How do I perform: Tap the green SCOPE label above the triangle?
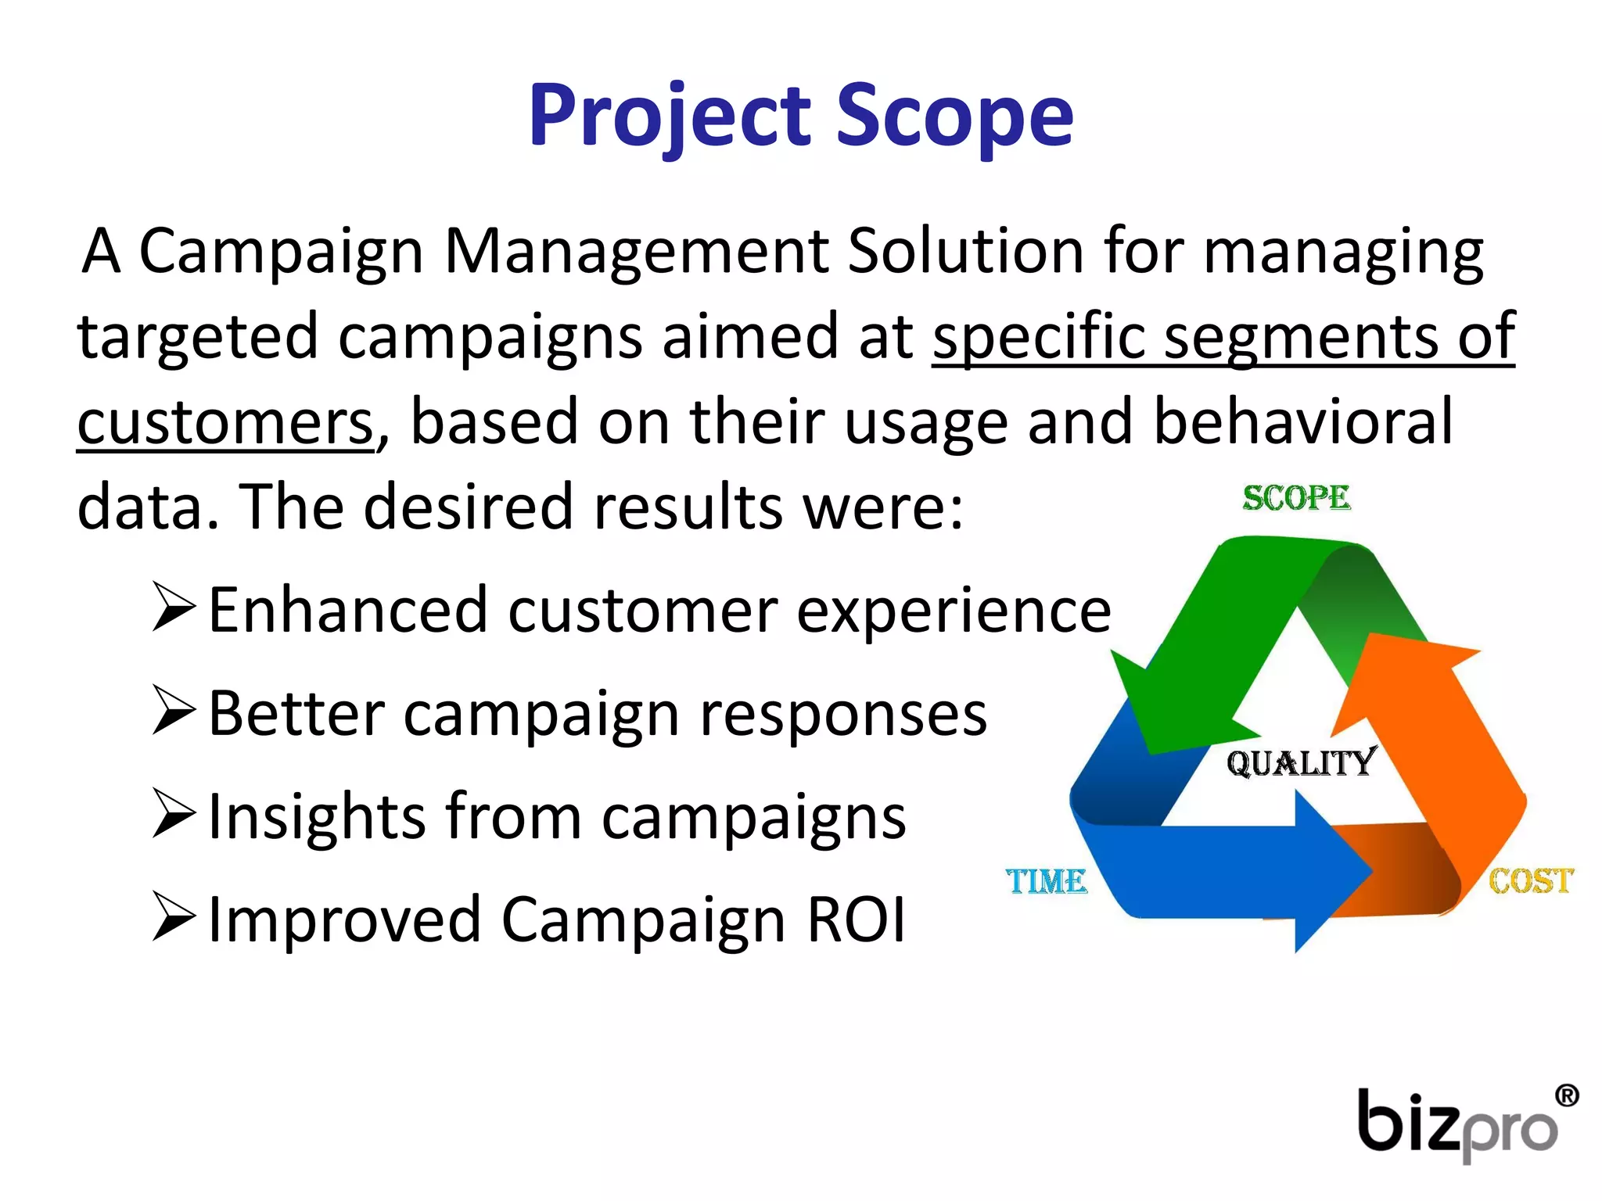(1296, 498)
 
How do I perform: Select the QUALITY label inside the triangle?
(1301, 762)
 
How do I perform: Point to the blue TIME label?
(1046, 881)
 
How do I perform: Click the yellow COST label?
(1530, 880)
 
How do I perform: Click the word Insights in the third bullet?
(316, 816)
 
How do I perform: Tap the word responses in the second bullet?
(842, 714)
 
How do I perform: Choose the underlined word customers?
(225, 422)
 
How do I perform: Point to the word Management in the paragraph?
(636, 251)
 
